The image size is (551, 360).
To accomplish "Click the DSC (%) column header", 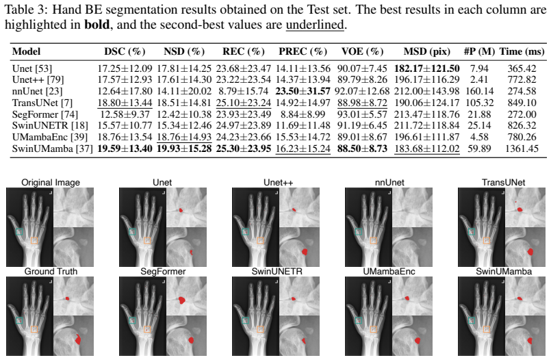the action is coord(125,51).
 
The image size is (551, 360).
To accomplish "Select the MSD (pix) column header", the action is coord(426,51).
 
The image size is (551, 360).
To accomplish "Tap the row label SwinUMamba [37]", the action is coord(52,149).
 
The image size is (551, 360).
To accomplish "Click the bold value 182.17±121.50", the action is coord(426,68).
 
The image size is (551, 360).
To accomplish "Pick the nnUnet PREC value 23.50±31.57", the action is coord(303,91).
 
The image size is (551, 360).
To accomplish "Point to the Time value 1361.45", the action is coord(522,149).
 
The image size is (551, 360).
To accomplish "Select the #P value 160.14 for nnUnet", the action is coord(479,91).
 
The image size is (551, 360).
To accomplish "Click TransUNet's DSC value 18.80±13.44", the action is coord(125,103).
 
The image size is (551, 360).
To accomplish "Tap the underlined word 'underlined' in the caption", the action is coord(314,25).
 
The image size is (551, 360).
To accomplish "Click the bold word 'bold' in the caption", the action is coord(97,25).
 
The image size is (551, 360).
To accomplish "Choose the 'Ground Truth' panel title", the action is coord(51,272).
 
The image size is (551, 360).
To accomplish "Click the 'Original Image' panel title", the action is coord(51,182).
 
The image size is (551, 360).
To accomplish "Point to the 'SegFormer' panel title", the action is coord(163,272).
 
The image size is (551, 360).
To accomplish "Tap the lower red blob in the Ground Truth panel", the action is coord(78,339).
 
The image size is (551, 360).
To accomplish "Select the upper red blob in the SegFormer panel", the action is coord(181,300).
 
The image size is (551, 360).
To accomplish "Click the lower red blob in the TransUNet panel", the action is coord(530,251).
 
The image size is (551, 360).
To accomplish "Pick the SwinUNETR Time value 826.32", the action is coord(522,125).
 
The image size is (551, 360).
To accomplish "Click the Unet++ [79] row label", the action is coord(38,79).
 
